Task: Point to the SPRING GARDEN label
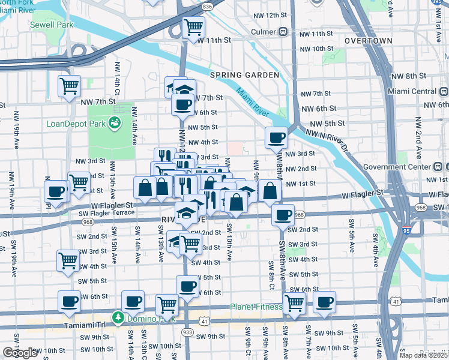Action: tap(244, 75)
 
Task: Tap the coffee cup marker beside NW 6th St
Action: tap(182, 104)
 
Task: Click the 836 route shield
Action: tap(208, 6)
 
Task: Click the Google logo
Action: tap(20, 352)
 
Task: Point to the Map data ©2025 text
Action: tap(423, 355)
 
